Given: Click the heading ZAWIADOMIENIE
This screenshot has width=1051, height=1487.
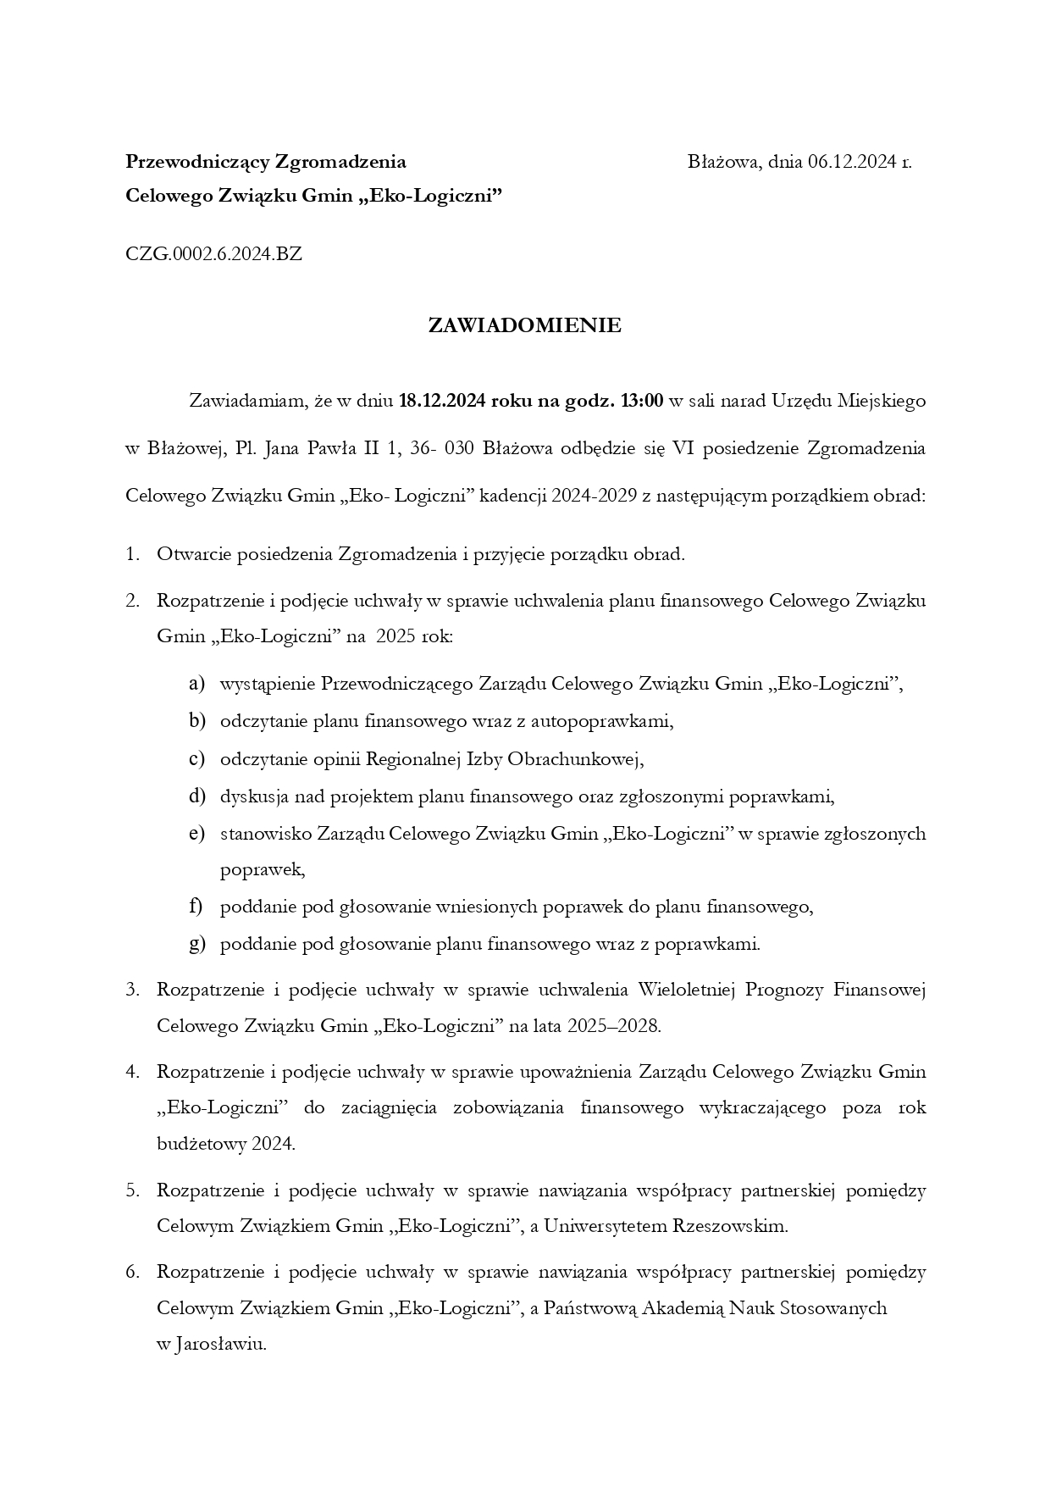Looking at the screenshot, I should (524, 325).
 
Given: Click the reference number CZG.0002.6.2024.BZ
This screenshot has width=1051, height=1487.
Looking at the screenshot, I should (213, 253).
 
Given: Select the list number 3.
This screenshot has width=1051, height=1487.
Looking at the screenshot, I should (132, 990).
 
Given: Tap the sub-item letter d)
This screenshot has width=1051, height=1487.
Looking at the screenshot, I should (196, 796).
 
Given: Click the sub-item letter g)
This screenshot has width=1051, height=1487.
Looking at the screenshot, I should (196, 944).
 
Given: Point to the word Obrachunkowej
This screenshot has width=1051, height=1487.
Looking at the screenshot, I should (575, 759).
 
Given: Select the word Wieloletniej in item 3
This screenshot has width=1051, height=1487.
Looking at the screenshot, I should (686, 990).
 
